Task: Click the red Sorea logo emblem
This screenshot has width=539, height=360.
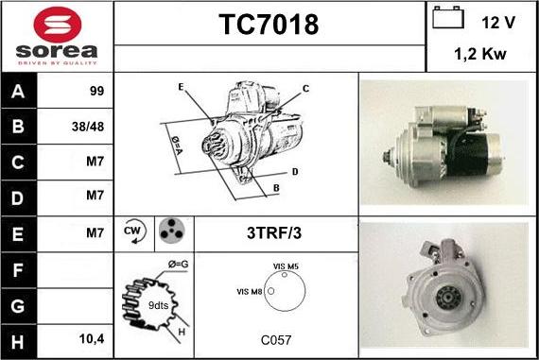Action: tap(58, 25)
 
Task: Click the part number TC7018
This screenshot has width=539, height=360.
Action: tap(269, 25)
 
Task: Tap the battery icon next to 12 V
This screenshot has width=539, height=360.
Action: tap(448, 17)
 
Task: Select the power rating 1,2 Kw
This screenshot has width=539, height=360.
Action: tap(480, 54)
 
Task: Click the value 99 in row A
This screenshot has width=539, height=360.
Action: tap(96, 91)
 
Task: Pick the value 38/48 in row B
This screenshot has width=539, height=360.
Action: tap(88, 127)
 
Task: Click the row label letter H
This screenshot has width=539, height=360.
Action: tap(18, 342)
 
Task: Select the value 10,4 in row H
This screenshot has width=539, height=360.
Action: tap(92, 339)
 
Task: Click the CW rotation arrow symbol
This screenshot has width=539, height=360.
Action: tap(134, 231)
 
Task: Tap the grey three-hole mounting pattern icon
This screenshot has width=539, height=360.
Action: tap(172, 231)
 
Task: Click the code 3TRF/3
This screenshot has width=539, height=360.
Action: tap(274, 232)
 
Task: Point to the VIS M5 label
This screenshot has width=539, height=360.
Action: tap(286, 266)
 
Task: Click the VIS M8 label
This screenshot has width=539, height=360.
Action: tap(250, 292)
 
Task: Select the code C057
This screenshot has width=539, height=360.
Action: tap(276, 340)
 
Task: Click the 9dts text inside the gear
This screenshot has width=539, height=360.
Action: tap(158, 305)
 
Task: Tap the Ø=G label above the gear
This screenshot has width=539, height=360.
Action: tap(178, 265)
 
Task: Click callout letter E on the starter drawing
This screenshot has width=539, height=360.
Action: tap(181, 87)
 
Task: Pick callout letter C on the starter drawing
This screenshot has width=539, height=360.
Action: tap(305, 89)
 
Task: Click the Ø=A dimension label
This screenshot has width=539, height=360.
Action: tap(177, 146)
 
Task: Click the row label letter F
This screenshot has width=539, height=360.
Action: tap(18, 270)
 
